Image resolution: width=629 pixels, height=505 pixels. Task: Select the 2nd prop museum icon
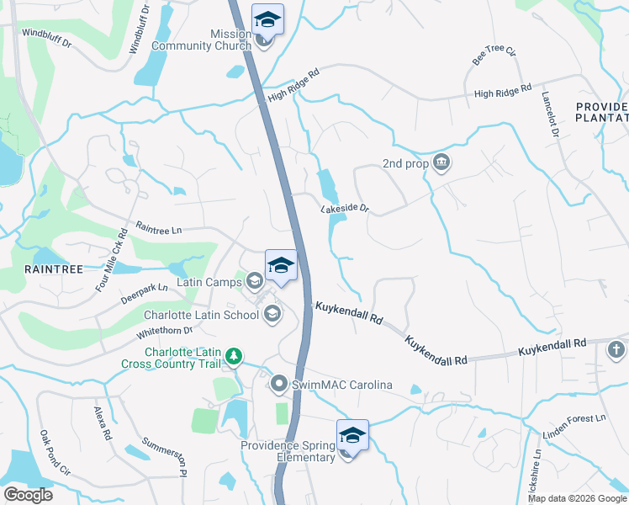(441, 163)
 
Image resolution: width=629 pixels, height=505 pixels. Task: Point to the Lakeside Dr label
(344, 208)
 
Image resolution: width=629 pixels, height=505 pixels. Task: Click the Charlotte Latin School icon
(272, 315)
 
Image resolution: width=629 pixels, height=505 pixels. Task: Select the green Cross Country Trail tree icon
(236, 358)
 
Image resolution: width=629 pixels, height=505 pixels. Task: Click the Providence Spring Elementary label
(288, 451)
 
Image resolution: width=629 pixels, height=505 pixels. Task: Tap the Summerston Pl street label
(163, 455)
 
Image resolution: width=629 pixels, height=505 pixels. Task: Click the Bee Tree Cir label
(494, 55)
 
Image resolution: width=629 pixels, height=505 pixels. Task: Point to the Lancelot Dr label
(549, 114)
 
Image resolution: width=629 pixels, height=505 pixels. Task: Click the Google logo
(28, 495)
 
